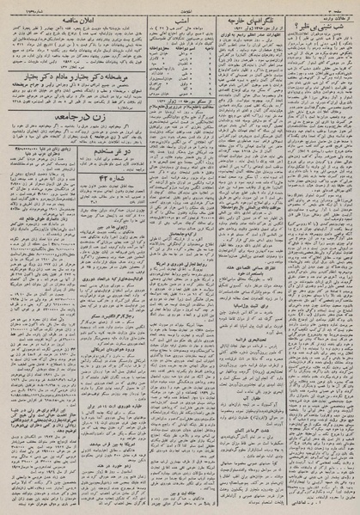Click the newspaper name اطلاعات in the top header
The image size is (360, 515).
click(180, 4)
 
